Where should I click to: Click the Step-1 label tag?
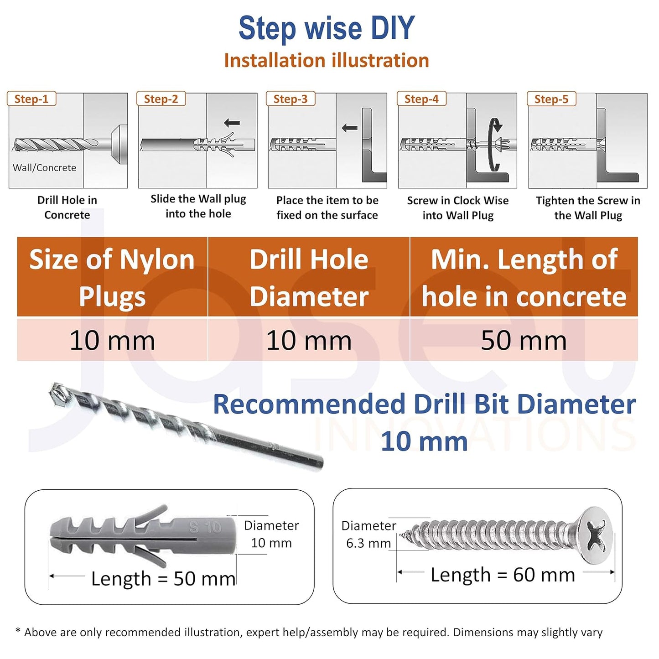(x=31, y=99)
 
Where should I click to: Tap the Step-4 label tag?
(x=421, y=99)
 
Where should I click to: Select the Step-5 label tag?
(x=551, y=99)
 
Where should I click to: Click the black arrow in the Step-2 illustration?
(x=232, y=123)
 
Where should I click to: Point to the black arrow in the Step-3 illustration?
(x=350, y=128)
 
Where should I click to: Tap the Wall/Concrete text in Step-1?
(x=44, y=168)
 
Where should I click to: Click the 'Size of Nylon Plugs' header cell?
(x=112, y=277)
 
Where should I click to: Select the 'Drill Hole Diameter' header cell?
(x=309, y=277)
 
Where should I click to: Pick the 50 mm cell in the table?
(x=524, y=340)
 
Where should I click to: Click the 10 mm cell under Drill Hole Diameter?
(x=309, y=340)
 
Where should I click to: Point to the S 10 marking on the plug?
(x=205, y=528)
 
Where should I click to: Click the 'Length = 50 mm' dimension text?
(x=163, y=578)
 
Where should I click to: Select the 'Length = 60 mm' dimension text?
(x=503, y=575)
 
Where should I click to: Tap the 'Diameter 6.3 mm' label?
(x=368, y=534)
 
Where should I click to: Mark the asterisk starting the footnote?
(x=18, y=631)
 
